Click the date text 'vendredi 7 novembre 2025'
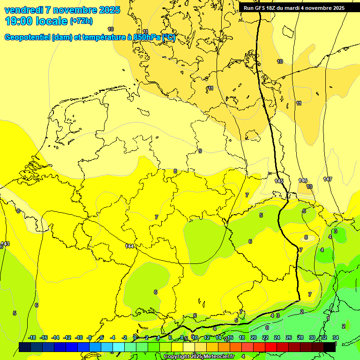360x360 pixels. click(62, 10)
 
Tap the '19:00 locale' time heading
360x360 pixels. click(37, 21)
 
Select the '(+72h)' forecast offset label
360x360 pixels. click(81, 21)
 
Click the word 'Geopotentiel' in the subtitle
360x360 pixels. click(27, 37)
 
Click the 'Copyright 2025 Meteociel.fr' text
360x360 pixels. click(199, 356)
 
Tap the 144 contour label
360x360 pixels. click(130, 246)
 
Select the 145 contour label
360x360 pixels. click(279, 181)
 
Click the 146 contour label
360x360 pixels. click(303, 180)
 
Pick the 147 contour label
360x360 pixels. click(327, 179)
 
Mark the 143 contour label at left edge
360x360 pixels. click(5, 244)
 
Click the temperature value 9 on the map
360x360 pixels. click(200, 151)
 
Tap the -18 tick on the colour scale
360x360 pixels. click(32, 337)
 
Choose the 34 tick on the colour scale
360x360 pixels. click(335, 337)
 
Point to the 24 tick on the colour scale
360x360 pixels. click(277, 337)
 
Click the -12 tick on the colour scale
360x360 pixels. click(67, 337)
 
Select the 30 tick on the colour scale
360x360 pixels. click(312, 337)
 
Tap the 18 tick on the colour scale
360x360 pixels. click(242, 337)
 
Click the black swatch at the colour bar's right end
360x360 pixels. click(330, 346)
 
